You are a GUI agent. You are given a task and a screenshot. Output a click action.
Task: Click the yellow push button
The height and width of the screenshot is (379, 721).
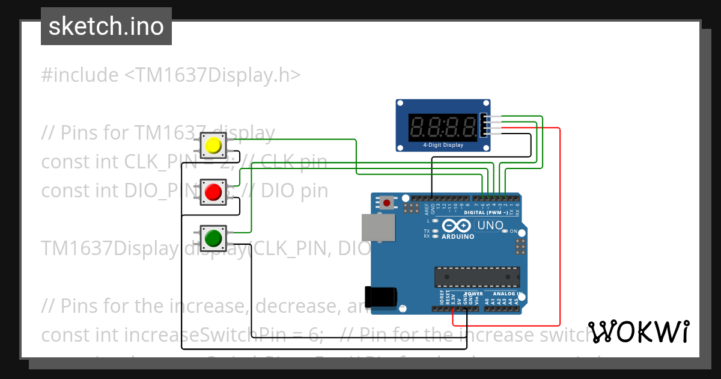coord(213,146)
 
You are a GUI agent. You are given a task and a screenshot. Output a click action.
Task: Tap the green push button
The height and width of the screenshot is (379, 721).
coord(213,239)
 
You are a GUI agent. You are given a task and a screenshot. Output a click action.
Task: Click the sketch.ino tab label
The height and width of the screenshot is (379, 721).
coord(106,26)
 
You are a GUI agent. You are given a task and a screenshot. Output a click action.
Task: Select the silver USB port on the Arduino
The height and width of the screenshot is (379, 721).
coord(378,228)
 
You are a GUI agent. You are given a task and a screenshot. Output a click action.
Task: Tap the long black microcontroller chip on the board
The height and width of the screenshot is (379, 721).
coord(477,276)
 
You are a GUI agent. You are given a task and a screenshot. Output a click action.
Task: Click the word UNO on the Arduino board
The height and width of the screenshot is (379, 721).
coord(490,226)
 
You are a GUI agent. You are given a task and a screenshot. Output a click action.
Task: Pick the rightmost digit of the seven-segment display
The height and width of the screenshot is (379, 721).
coord(471,127)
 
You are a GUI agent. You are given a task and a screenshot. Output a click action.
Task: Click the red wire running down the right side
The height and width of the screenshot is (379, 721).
coord(560,229)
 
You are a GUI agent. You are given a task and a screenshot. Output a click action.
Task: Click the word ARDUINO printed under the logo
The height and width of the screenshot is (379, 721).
coord(458,236)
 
